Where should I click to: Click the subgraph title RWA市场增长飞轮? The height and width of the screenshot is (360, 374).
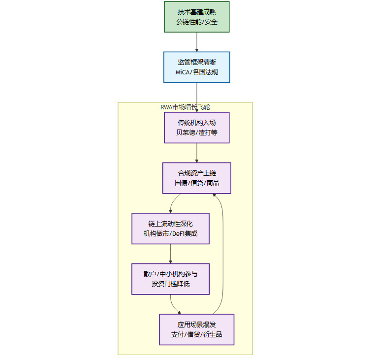[186, 107]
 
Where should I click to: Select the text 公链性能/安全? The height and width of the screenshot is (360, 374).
[196, 22]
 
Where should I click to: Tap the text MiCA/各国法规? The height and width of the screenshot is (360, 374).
[196, 72]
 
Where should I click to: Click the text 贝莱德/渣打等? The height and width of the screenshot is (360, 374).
[196, 132]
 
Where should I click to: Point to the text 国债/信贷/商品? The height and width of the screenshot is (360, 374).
[196, 183]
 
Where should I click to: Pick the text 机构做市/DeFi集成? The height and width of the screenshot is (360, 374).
[170, 233]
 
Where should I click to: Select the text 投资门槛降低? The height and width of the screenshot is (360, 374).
[170, 284]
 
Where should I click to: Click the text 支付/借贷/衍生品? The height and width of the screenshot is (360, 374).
[196, 335]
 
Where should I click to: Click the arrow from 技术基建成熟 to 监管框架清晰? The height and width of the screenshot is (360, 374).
[197, 42]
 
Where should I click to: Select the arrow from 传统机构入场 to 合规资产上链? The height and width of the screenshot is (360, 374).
[197, 153]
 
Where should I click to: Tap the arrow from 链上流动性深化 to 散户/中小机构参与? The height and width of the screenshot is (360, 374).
[171, 254]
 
